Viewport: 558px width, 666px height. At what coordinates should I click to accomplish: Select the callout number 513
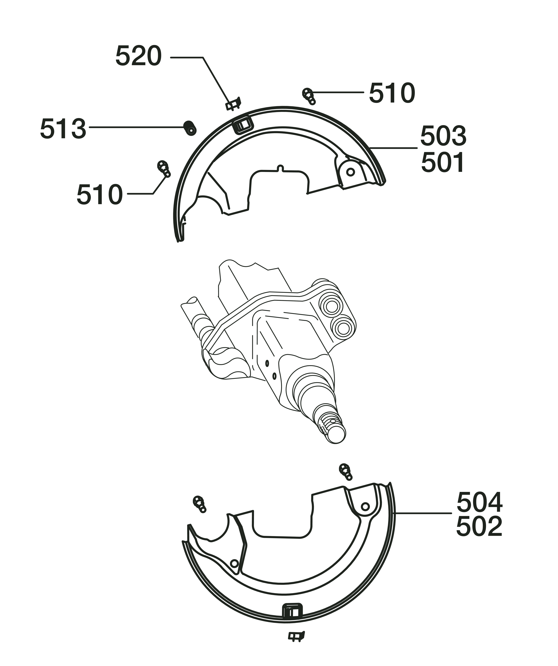pos(63,128)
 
